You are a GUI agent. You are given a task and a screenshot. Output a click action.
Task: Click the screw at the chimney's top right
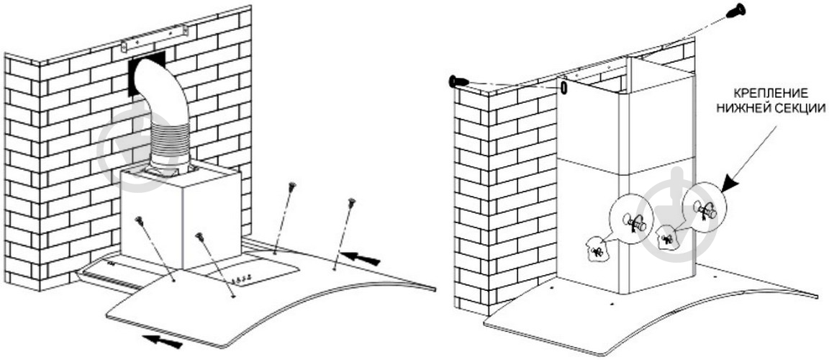(735, 11)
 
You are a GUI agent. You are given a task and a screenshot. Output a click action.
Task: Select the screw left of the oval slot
(458, 81)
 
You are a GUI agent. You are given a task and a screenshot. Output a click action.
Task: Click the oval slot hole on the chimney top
(563, 87)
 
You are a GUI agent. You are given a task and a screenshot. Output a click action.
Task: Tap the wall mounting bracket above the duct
(154, 38)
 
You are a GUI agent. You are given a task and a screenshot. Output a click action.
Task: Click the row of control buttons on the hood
(243, 279)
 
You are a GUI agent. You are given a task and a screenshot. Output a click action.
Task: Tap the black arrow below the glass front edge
(163, 341)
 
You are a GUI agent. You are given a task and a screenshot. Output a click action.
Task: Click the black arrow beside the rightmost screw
(361, 258)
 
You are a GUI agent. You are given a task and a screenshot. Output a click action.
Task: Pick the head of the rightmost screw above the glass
(351, 202)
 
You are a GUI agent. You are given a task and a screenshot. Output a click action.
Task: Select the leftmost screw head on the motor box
(139, 220)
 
